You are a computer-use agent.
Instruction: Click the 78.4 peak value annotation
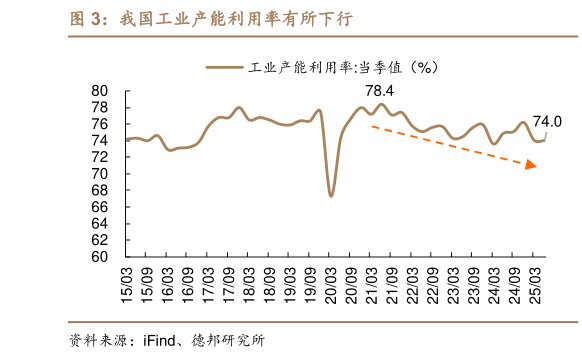[x=379, y=91]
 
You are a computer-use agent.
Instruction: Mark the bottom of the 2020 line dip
[x=331, y=195]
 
